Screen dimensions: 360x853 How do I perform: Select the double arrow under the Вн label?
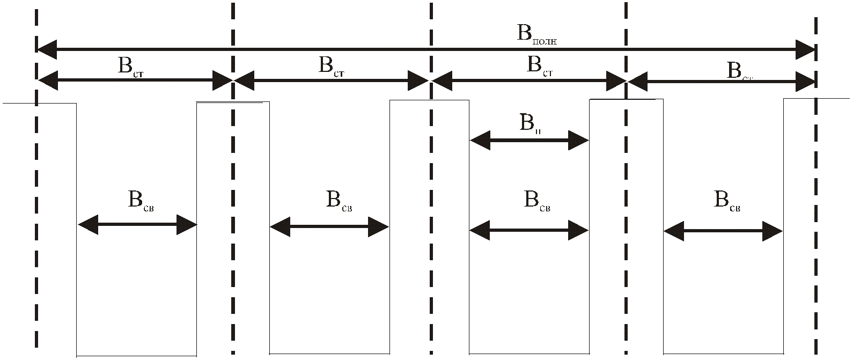529,141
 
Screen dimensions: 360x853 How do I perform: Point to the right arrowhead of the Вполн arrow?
806,49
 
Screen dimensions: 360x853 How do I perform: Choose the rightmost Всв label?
727,201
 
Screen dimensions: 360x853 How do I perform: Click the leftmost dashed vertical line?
36,215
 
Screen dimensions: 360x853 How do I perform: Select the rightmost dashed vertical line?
816,215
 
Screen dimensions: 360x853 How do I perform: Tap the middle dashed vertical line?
431,215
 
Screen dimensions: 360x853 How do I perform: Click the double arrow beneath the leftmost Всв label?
137,225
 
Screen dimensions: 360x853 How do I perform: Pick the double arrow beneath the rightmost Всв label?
723,231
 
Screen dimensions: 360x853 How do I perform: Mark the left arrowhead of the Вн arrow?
479,141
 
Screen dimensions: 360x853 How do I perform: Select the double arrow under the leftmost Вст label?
135,81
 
